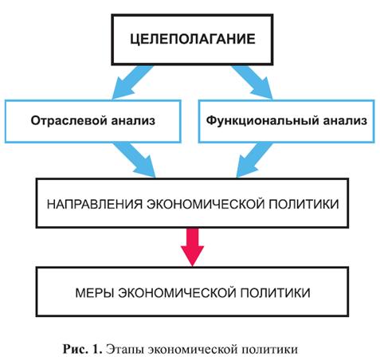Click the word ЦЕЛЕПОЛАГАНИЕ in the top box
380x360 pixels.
(193, 39)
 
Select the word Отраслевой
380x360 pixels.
(69, 121)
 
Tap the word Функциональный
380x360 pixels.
(262, 121)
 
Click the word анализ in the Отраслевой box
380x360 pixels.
(133, 121)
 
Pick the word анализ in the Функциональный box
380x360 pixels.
(345, 121)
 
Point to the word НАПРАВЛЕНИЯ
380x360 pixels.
(95, 204)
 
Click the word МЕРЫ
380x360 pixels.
(95, 293)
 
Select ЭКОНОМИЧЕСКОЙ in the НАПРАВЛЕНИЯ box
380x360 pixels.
(206, 204)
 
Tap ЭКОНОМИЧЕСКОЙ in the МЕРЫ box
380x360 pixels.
(177, 293)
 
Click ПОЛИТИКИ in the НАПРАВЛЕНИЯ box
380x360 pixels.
(304, 204)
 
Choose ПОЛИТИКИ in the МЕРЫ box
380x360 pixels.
(275, 293)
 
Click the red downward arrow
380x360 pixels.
(192, 247)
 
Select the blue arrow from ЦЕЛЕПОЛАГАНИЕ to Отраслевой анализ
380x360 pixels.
(132, 83)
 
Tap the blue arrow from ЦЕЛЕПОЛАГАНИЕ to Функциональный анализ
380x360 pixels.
(253, 83)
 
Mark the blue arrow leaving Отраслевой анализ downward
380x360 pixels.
(135, 160)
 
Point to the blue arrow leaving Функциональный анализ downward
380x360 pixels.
(255, 160)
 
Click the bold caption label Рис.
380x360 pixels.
(76, 349)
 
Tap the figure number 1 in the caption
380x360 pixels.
(96, 349)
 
